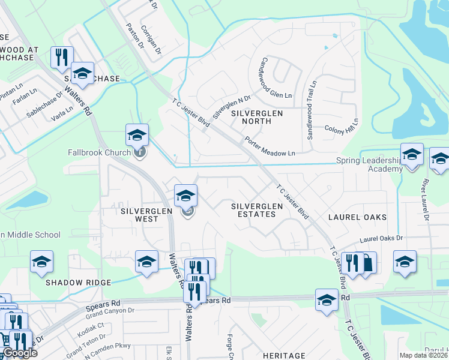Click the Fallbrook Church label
coord(99,152)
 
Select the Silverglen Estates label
coord(257,210)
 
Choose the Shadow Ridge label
coord(78,283)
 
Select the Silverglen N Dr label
coord(231,105)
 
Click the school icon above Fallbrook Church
coord(137,134)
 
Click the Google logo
coord(19,353)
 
